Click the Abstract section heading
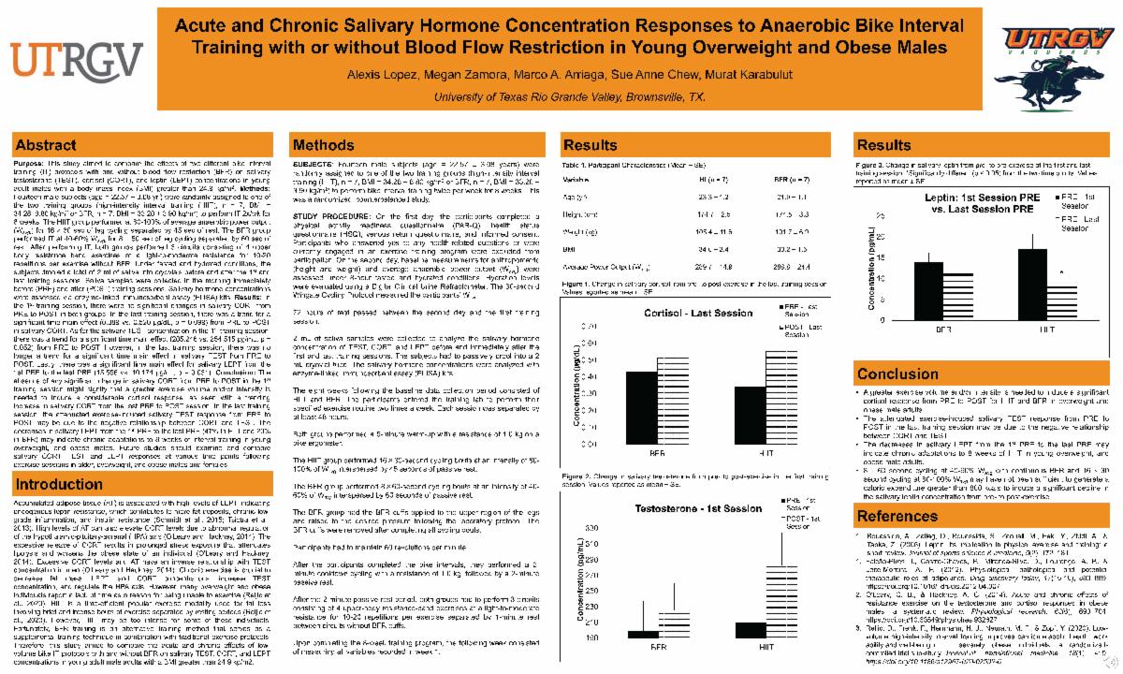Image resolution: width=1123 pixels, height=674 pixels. (x=47, y=145)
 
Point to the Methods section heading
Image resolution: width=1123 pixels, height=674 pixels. (x=324, y=145)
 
